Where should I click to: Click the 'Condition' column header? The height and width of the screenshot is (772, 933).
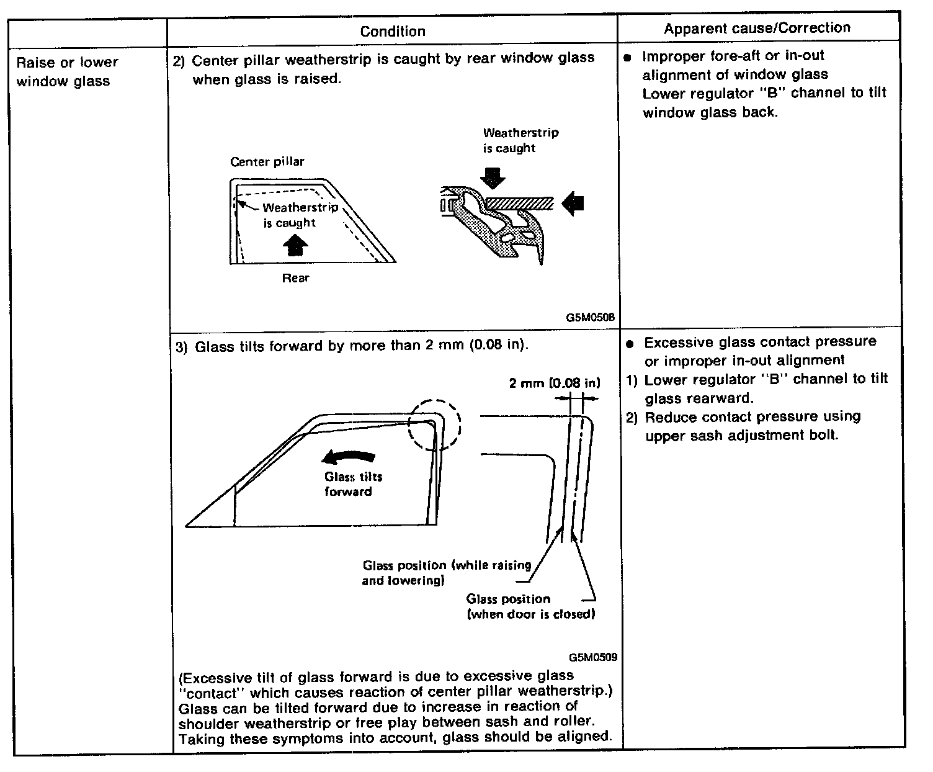(x=393, y=31)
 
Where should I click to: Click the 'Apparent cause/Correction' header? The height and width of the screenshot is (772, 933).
(x=757, y=28)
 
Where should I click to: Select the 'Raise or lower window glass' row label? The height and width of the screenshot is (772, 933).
(x=67, y=71)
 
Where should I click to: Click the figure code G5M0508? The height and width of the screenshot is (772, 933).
(x=590, y=316)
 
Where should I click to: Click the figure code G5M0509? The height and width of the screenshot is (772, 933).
(x=592, y=657)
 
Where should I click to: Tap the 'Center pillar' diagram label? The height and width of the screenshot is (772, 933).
(x=267, y=162)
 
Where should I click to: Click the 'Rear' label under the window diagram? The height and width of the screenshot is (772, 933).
(x=295, y=278)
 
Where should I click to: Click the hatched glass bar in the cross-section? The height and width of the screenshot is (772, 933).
(x=519, y=202)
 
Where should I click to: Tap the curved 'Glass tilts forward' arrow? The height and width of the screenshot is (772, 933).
(x=349, y=458)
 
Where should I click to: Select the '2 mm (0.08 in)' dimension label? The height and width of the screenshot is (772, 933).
(x=555, y=383)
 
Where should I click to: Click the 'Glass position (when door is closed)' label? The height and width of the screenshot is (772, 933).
(x=530, y=606)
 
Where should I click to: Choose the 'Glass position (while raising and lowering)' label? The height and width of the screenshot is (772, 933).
(x=447, y=573)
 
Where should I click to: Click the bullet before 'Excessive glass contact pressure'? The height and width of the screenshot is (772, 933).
(x=630, y=343)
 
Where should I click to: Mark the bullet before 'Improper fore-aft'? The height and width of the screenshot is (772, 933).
(x=627, y=57)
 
